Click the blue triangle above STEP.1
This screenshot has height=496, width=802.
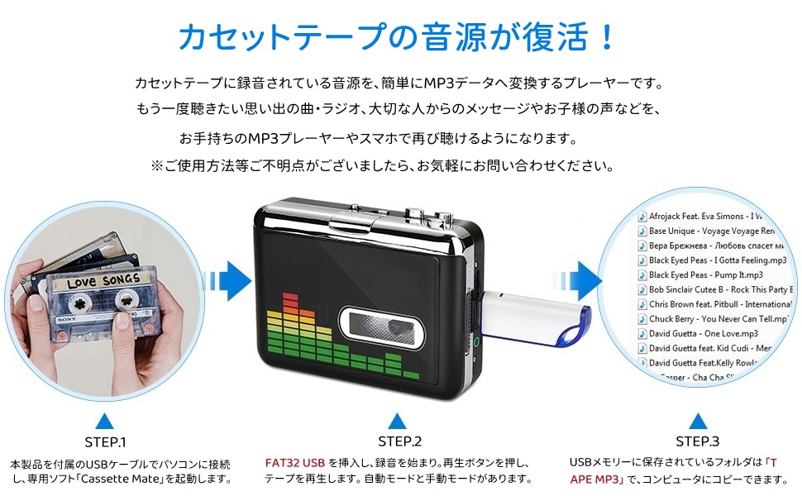point(105,419)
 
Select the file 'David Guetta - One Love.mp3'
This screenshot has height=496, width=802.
point(703,333)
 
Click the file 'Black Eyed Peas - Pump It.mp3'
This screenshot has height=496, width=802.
point(705,274)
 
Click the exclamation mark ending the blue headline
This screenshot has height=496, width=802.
point(607,36)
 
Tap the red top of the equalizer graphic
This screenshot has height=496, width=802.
point(289,299)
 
